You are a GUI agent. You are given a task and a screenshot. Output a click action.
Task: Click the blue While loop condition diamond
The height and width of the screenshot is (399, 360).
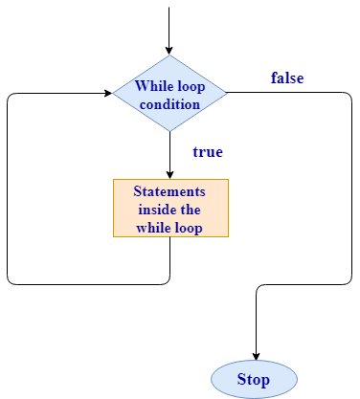(x=169, y=93)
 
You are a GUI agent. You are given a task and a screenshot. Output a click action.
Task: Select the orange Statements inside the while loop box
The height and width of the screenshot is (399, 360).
(x=170, y=208)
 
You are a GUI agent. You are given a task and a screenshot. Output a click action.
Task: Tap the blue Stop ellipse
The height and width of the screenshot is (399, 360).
(x=256, y=379)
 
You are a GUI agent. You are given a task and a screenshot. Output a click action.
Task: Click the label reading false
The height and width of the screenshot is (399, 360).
(x=287, y=78)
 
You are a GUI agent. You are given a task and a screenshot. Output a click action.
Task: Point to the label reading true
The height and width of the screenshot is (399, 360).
(x=208, y=151)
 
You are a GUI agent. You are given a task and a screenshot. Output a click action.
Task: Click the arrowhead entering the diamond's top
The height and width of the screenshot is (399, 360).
(x=169, y=51)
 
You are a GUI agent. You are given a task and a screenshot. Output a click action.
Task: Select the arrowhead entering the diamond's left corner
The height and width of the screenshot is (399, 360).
(x=105, y=93)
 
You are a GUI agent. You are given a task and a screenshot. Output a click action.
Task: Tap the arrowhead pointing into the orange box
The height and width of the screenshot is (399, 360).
(x=169, y=173)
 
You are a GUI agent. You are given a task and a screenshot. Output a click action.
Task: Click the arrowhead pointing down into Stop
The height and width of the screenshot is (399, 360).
(x=256, y=355)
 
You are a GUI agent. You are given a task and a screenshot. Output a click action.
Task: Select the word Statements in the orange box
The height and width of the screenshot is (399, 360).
(x=170, y=191)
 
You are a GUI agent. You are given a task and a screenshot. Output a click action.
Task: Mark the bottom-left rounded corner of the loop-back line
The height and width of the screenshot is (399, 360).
(x=10, y=281)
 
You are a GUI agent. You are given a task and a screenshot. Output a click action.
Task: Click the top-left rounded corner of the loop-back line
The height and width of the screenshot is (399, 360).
(x=10, y=96)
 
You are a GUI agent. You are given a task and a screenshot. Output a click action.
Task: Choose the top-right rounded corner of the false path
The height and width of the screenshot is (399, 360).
(x=349, y=96)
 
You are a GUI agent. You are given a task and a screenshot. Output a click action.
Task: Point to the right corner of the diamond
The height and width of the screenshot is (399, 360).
(x=226, y=93)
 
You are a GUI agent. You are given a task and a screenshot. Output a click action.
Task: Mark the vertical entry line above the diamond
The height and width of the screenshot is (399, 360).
(x=169, y=24)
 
